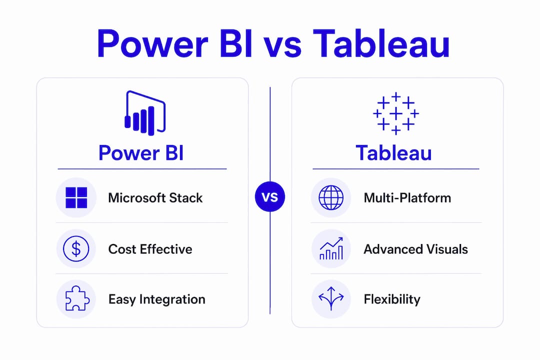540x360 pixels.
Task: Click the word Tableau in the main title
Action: (x=381, y=44)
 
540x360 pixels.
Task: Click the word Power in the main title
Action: (x=152, y=44)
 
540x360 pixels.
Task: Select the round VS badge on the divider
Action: (x=270, y=196)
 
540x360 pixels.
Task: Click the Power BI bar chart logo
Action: (x=145, y=113)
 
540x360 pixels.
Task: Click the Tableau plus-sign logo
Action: (x=396, y=113)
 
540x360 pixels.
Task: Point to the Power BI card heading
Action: (x=141, y=153)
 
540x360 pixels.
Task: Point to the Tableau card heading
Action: (x=393, y=153)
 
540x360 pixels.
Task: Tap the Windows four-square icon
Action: (x=76, y=197)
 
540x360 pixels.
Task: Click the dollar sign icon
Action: (x=76, y=248)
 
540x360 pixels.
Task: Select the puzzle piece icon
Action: (x=77, y=298)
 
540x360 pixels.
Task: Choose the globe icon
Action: (x=331, y=197)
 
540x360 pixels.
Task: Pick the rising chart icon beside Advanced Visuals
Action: (x=331, y=248)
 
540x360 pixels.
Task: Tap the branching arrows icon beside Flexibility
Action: (x=331, y=298)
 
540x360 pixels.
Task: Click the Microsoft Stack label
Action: (x=155, y=198)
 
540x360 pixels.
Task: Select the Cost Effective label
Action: (x=150, y=249)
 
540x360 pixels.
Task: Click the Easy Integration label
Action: (x=156, y=299)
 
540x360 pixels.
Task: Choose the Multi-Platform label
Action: (x=407, y=198)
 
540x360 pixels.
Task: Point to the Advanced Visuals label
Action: (x=415, y=249)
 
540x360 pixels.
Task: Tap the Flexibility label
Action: (x=392, y=299)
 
